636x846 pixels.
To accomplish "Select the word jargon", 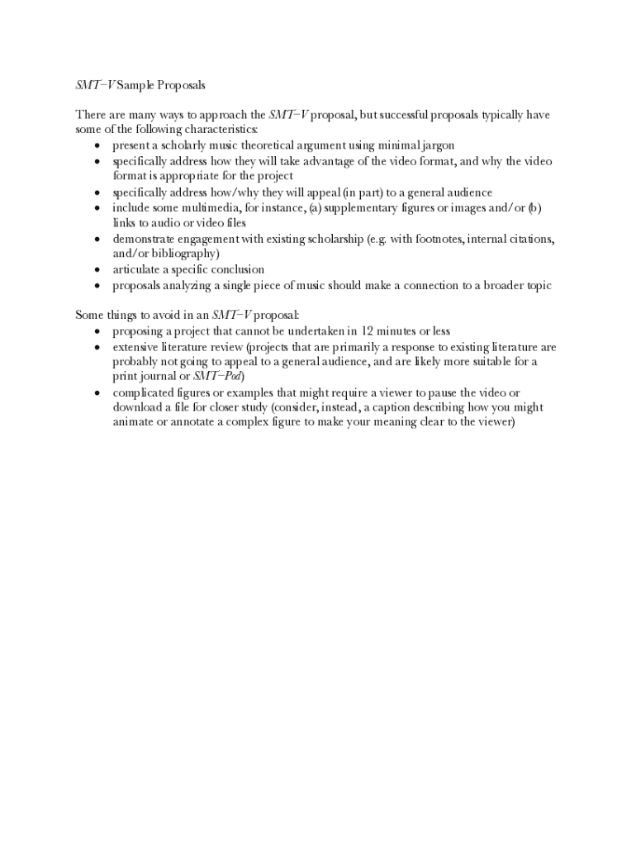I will coord(434,145).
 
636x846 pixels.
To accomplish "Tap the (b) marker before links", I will coord(534,207).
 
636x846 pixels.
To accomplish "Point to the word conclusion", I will coord(234,269).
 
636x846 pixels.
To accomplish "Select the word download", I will coord(138,407).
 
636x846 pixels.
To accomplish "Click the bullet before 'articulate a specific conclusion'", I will coord(97,269).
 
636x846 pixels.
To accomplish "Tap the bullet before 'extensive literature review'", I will coord(97,347).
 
